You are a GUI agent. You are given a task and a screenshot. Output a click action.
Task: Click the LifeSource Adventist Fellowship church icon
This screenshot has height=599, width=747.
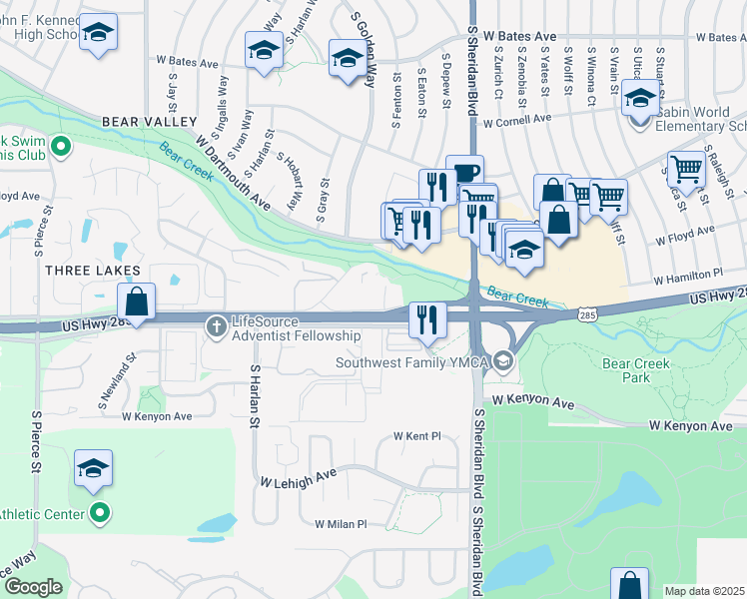point(216,325)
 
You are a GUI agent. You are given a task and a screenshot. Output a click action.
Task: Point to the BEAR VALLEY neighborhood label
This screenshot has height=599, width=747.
point(149,122)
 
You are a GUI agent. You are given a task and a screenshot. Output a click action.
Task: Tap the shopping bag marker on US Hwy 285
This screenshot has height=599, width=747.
point(137,300)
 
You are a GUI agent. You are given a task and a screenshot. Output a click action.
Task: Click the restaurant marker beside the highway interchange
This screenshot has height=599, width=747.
point(427,319)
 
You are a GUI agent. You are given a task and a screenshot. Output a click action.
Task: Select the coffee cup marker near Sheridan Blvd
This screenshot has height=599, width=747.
point(464,172)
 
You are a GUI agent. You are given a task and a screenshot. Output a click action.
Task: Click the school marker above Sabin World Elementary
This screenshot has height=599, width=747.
point(640,99)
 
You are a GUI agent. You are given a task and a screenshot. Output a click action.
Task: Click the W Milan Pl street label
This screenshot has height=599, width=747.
point(342,523)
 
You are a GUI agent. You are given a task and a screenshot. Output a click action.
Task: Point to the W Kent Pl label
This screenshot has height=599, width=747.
point(416,436)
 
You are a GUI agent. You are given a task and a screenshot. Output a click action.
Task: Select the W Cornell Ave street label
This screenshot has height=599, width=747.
point(516,120)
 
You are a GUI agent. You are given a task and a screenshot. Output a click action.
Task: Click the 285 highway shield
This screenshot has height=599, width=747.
point(587,314)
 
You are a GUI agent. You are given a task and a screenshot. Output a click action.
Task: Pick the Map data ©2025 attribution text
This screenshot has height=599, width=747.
point(704,591)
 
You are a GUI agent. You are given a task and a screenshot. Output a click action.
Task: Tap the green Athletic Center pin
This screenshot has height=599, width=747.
point(99,514)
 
